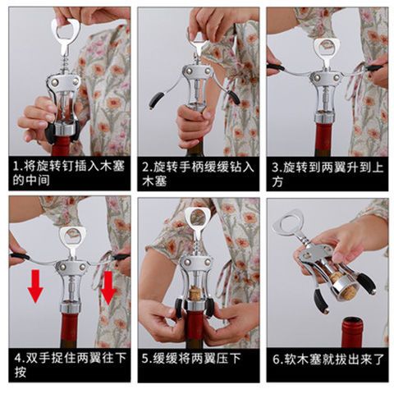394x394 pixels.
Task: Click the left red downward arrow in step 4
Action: coord(35,286)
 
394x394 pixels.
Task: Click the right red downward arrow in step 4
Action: coord(108,287)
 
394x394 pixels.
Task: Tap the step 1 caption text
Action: coord(69,173)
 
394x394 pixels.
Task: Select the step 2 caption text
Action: coord(198,173)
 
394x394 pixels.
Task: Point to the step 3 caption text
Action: coord(328,174)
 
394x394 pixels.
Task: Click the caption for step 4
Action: coord(71,364)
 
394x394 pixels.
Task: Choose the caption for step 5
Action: coord(191,358)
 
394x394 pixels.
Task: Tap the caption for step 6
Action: coord(328,359)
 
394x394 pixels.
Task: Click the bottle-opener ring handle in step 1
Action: coord(66,30)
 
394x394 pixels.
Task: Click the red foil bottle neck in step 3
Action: coord(326,139)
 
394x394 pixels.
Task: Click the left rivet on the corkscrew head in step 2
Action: coord(189,71)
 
